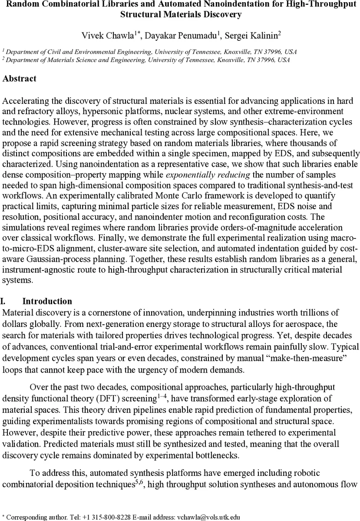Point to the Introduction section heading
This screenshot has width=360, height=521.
click(47, 301)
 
